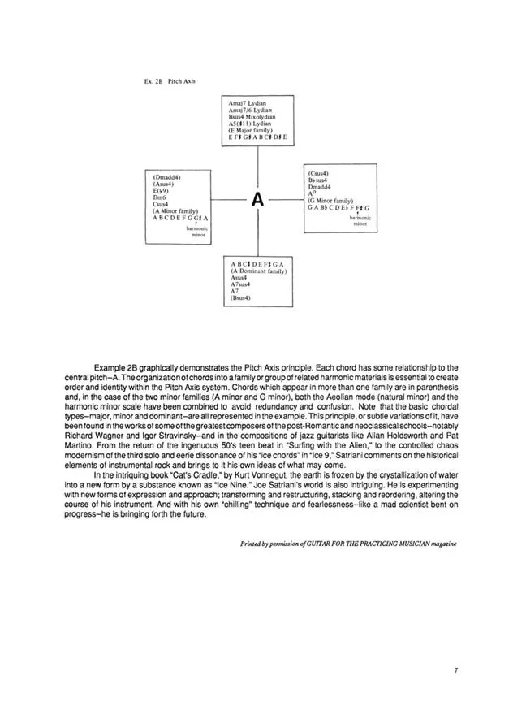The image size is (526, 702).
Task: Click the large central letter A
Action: point(257,200)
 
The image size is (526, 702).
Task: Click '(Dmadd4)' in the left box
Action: point(166,176)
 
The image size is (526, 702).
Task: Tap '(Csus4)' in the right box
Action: point(318,173)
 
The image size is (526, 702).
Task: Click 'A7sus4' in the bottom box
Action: point(243,284)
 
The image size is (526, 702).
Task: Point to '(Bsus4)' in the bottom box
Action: point(240,298)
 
